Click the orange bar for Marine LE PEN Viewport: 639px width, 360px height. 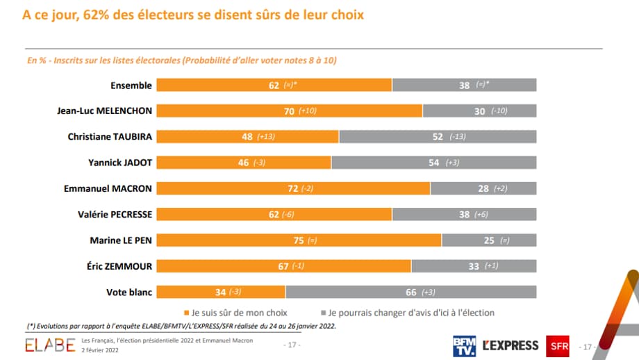click(x=299, y=240)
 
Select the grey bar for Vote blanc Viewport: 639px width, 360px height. click(x=410, y=292)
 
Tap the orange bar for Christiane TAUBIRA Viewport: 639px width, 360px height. click(x=247, y=136)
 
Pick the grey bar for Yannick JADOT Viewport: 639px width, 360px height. click(x=433, y=163)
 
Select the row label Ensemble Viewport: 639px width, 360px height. click(x=131, y=85)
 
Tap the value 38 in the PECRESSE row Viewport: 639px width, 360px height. click(x=464, y=215)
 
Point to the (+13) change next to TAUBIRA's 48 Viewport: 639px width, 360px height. click(x=267, y=137)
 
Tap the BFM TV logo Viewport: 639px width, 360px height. click(x=463, y=345)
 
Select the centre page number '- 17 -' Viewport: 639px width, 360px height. click(x=292, y=345)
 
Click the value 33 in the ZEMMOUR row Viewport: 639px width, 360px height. click(x=455, y=266)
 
